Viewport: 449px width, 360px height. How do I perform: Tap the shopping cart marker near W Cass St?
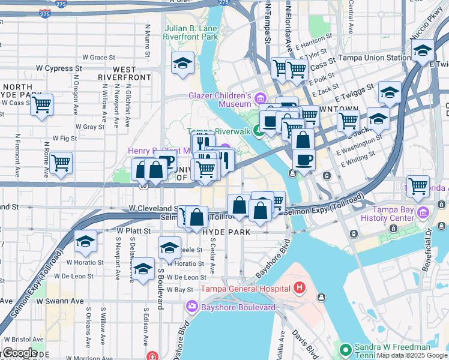(42, 106)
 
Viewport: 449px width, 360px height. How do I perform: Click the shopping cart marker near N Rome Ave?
(61, 162)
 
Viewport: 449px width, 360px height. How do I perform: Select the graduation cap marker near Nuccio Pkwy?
(423, 52)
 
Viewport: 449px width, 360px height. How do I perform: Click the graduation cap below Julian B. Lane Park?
(181, 64)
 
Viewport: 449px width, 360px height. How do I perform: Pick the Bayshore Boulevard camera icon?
(192, 307)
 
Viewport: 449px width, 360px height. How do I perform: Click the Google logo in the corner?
(19, 352)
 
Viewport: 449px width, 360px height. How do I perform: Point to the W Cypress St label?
(55, 68)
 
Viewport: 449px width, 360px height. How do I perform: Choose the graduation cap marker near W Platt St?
(86, 241)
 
